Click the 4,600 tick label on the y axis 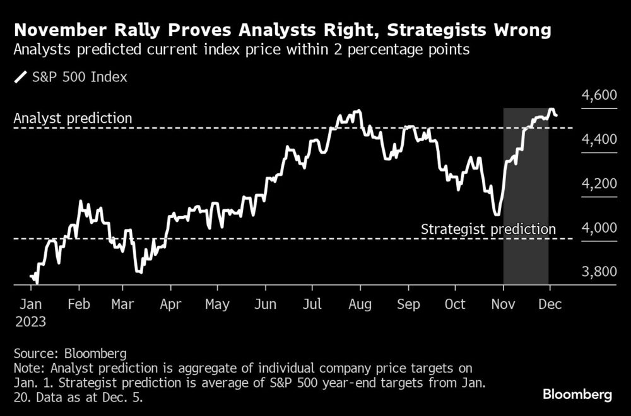tap(596, 95)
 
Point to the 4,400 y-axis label tap(596, 139)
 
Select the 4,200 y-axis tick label tap(596, 183)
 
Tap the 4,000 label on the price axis tap(596, 228)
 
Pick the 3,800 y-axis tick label tap(596, 272)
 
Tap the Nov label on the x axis tap(503, 304)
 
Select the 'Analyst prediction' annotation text tap(73, 118)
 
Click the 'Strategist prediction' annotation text tap(488, 229)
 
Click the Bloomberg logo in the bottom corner tap(577, 395)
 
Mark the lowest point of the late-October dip tap(497, 215)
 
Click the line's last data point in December tap(556, 115)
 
